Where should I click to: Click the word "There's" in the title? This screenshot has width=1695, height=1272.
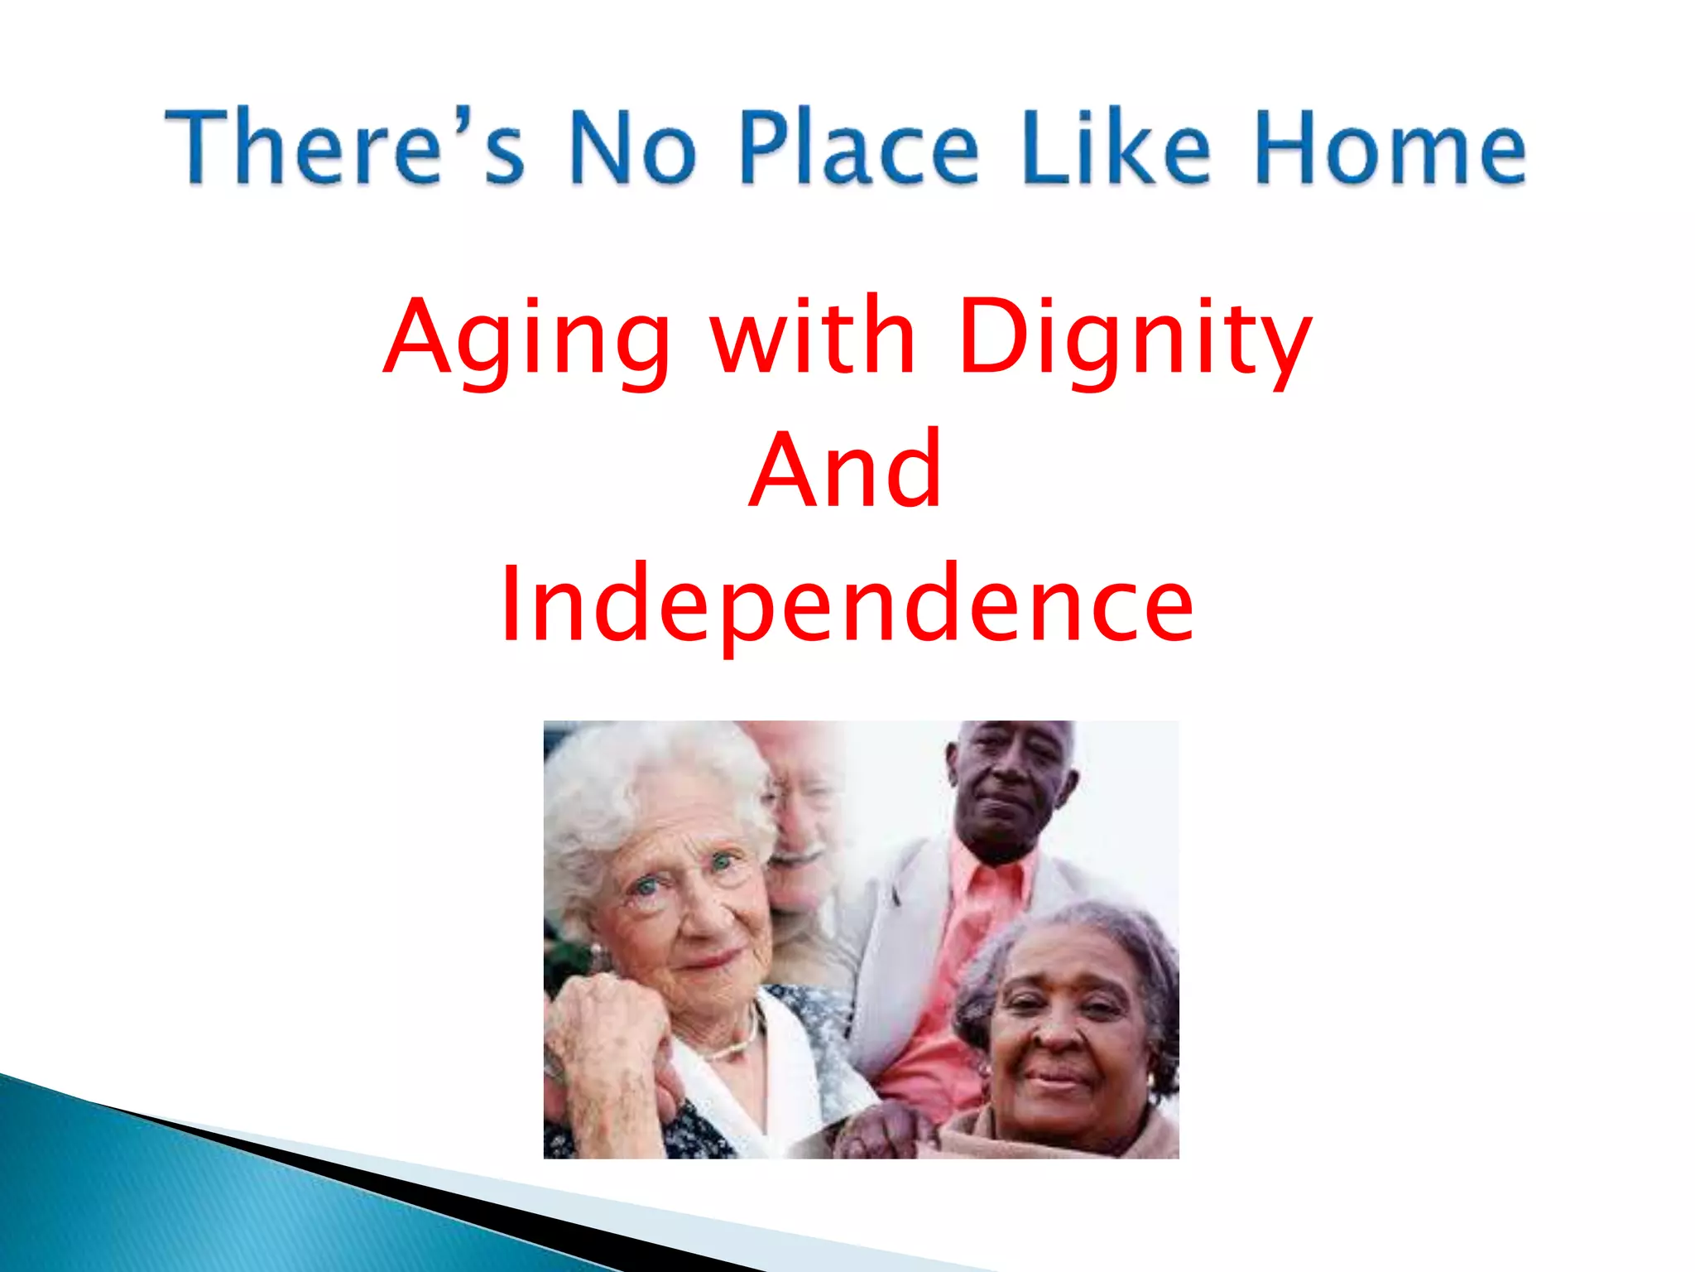344,147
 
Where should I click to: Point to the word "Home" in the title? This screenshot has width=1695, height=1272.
1390,147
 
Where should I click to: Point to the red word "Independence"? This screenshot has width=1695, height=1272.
847,605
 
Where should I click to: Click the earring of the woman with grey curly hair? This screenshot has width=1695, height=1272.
1151,1082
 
